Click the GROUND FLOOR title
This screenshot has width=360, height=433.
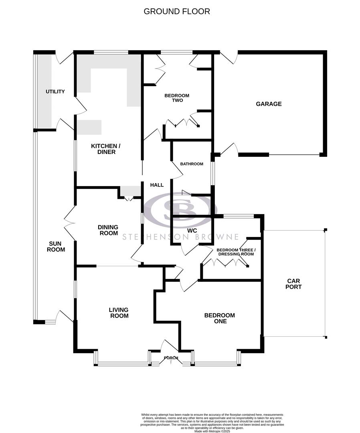pos(177,11)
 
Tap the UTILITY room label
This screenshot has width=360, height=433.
pos(55,92)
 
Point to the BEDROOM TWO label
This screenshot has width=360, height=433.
pos(177,98)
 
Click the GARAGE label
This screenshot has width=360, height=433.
pos(269,104)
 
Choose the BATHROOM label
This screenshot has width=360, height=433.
pos(191,164)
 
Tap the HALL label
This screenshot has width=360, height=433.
pos(157,185)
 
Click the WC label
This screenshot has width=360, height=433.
pos(192,231)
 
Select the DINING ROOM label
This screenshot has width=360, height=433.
pos(108,230)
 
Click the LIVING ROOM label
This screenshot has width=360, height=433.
pos(119,313)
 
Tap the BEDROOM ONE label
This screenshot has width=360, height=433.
pos(219,318)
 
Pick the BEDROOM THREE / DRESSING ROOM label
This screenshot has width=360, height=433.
pos(236,252)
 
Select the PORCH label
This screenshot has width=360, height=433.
pos(171,358)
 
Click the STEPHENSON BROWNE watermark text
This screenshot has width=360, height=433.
pos(180,237)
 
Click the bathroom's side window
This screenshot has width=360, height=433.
pos(213,172)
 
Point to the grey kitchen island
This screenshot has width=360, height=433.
pos(89,127)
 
